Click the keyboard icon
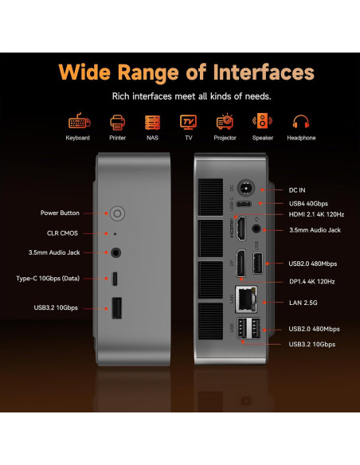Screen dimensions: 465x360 pyautogui.click(x=78, y=122)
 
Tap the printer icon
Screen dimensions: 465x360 pyautogui.click(x=117, y=122)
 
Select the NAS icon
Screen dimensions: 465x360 pyautogui.click(x=152, y=122)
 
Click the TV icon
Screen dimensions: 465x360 pyautogui.click(x=188, y=122)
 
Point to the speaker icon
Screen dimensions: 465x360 pyautogui.click(x=262, y=122)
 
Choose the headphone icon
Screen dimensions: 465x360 pyautogui.click(x=300, y=122)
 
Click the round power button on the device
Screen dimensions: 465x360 pyautogui.click(x=118, y=213)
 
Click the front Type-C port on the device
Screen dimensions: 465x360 pyautogui.click(x=117, y=279)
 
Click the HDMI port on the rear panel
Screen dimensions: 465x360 pyautogui.click(x=238, y=231)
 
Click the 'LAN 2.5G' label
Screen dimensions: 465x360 pyautogui.click(x=303, y=303)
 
